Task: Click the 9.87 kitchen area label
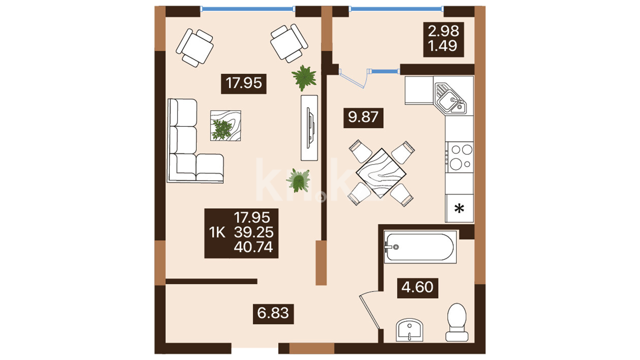[363, 117]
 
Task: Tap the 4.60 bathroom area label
[417, 287]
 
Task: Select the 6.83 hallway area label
[273, 313]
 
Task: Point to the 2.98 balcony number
[443, 31]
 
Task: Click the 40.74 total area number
[253, 247]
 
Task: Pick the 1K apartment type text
[217, 232]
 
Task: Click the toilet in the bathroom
[457, 322]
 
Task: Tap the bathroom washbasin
[409, 330]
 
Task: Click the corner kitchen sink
[450, 98]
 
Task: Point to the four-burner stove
[460, 157]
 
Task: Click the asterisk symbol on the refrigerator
[459, 209]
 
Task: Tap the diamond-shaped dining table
[381, 173]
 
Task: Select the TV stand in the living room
[309, 128]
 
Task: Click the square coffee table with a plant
[226, 126]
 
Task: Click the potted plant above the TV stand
[304, 78]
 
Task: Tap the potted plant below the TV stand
[298, 180]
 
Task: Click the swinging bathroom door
[369, 312]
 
